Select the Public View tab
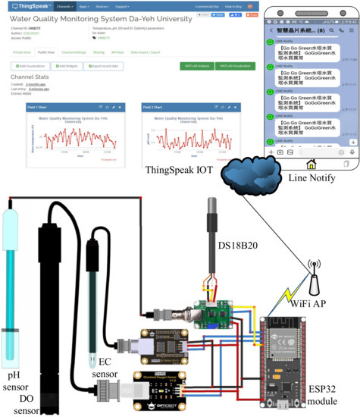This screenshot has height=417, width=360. [x=46, y=53]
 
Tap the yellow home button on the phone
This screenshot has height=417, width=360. [x=311, y=164]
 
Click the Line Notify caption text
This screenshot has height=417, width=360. [x=312, y=177]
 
